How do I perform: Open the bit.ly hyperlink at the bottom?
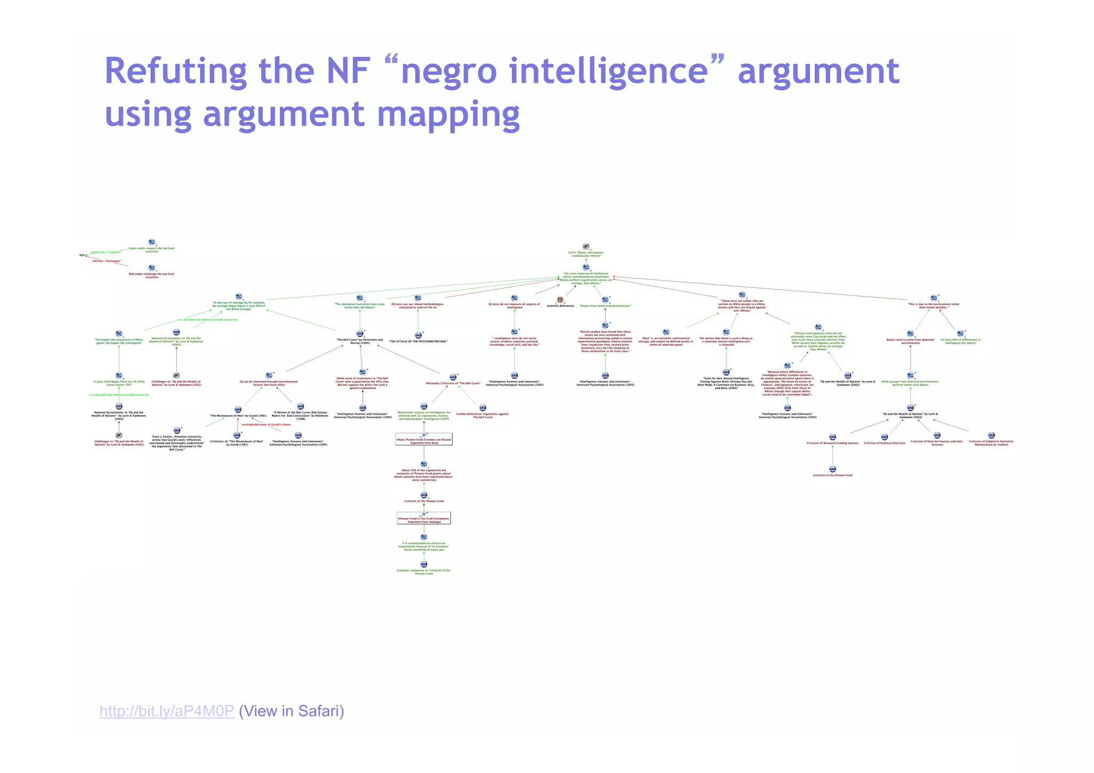pos(167,711)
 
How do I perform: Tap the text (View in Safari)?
pos(292,711)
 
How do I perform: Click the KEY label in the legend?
pos(82,255)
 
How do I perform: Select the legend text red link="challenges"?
pos(107,261)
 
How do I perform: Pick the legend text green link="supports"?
pos(106,252)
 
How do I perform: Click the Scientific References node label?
pos(560,306)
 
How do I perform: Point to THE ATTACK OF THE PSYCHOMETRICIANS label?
pos(418,341)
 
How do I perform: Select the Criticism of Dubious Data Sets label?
pos(885,443)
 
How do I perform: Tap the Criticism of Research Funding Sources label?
pos(832,443)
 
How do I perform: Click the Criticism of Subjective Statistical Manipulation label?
pos(991,443)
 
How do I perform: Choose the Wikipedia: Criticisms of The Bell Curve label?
pos(452,384)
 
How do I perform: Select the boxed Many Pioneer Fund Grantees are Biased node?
pos(424,441)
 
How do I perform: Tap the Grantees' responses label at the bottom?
pos(424,572)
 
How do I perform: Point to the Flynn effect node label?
pos(269,383)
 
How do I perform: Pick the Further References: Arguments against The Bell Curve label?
pos(482,415)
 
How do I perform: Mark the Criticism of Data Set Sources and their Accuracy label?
pos(937,443)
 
